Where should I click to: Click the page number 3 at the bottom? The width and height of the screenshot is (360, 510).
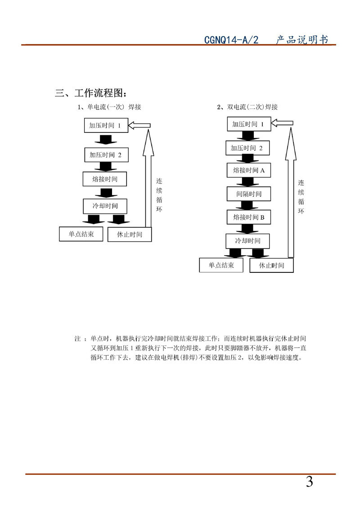(x=309, y=483)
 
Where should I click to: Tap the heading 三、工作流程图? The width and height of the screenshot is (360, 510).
(x=90, y=93)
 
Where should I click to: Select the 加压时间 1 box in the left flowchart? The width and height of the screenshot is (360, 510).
(x=106, y=126)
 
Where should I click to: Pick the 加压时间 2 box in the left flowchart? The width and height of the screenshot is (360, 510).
(x=106, y=154)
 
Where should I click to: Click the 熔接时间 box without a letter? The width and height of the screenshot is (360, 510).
(x=105, y=179)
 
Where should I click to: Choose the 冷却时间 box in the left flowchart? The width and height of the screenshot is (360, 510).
(x=105, y=206)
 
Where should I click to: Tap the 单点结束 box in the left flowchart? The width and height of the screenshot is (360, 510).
(x=81, y=234)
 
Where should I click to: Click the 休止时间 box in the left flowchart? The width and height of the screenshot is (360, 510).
(x=130, y=235)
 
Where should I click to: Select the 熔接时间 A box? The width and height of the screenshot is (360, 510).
(x=248, y=170)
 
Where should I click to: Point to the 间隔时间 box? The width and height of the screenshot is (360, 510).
(x=248, y=194)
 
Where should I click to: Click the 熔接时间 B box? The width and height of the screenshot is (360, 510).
(x=248, y=218)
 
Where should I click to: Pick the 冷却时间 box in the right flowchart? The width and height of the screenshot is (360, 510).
(x=247, y=241)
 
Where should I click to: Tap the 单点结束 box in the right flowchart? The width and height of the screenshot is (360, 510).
(x=221, y=265)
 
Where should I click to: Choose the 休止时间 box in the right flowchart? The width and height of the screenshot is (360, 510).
(x=272, y=265)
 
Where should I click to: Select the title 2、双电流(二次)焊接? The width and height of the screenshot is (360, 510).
(x=247, y=107)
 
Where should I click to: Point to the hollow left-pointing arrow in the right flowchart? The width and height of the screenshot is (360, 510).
(x=282, y=123)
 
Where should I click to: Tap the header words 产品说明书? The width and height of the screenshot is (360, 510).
(x=302, y=40)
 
